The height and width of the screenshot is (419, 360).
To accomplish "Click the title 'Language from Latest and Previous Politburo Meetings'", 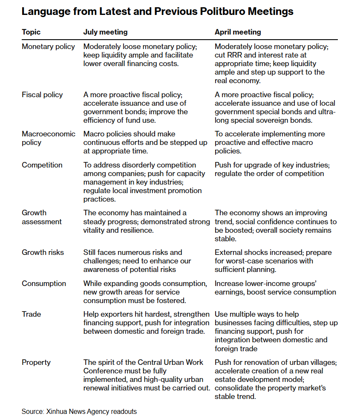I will [157, 12].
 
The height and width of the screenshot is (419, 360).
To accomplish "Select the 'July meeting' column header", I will [105, 32].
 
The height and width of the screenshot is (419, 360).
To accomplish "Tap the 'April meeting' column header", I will [238, 32].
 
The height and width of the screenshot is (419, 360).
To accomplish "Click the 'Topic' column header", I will [32, 32].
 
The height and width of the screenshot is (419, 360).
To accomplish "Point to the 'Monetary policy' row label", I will [48, 46].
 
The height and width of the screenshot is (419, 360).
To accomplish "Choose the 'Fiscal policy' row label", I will [42, 95].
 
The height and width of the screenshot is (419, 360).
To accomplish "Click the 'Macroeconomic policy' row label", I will [48, 138].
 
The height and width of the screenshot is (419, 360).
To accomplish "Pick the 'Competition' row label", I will [42, 165].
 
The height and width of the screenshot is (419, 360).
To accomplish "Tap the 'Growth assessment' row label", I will [41, 217].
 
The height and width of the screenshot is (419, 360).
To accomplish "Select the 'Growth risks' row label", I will [43, 252].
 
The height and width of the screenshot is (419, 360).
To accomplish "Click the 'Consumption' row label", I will [44, 283].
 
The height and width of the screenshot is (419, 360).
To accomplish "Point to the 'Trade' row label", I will [31, 314].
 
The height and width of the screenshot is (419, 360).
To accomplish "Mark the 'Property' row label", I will [36, 362].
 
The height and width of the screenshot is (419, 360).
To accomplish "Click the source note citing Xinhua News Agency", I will [79, 411].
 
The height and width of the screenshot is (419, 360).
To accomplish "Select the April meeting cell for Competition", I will [272, 169].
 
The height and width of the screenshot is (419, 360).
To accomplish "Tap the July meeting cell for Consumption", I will [145, 292].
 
